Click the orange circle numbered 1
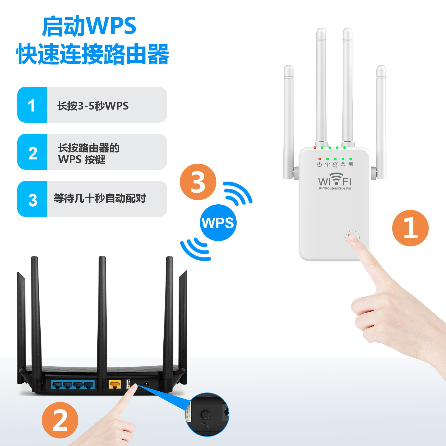[x=410, y=228]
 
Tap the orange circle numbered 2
[x=60, y=420]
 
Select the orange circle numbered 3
[x=198, y=182]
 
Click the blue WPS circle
[x=218, y=223]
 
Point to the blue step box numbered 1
[x=32, y=105]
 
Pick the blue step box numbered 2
[x=32, y=152]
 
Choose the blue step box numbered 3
[x=32, y=199]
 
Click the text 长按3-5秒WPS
[x=93, y=106]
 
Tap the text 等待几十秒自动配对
[x=100, y=198]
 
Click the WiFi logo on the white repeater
[x=335, y=180]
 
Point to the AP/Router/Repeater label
[x=335, y=188]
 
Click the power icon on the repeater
[x=319, y=164]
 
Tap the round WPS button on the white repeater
[x=352, y=237]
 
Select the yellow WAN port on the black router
[x=115, y=385]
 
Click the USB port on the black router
[x=128, y=384]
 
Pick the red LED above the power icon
[x=319, y=159]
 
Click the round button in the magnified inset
[x=205, y=415]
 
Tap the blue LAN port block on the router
[x=73, y=385]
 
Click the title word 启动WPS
[x=89, y=26]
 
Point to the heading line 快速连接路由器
[x=93, y=54]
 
